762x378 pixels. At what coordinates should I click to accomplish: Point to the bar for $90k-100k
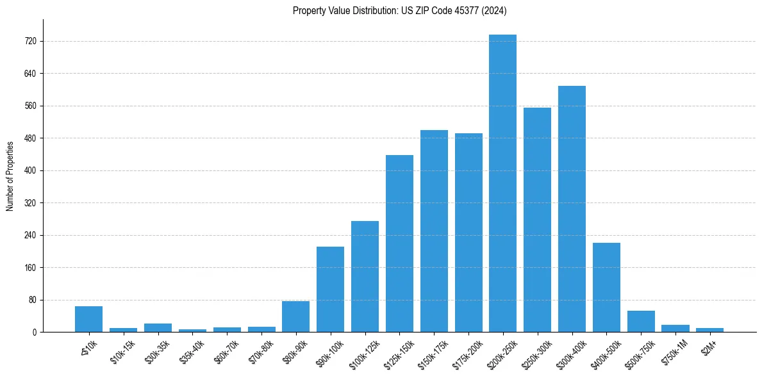tap(330, 289)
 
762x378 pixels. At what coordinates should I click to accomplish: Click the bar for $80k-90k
tap(295, 316)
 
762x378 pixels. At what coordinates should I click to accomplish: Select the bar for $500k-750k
tap(641, 321)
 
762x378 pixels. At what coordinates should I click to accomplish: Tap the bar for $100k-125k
tap(365, 276)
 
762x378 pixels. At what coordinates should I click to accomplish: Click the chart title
tap(400, 10)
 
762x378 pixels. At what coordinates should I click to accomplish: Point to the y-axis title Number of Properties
tap(10, 176)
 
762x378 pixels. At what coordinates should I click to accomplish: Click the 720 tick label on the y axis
tap(30, 41)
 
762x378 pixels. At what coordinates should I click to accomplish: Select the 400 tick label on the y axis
tap(30, 170)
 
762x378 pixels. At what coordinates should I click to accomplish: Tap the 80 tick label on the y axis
tap(32, 300)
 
